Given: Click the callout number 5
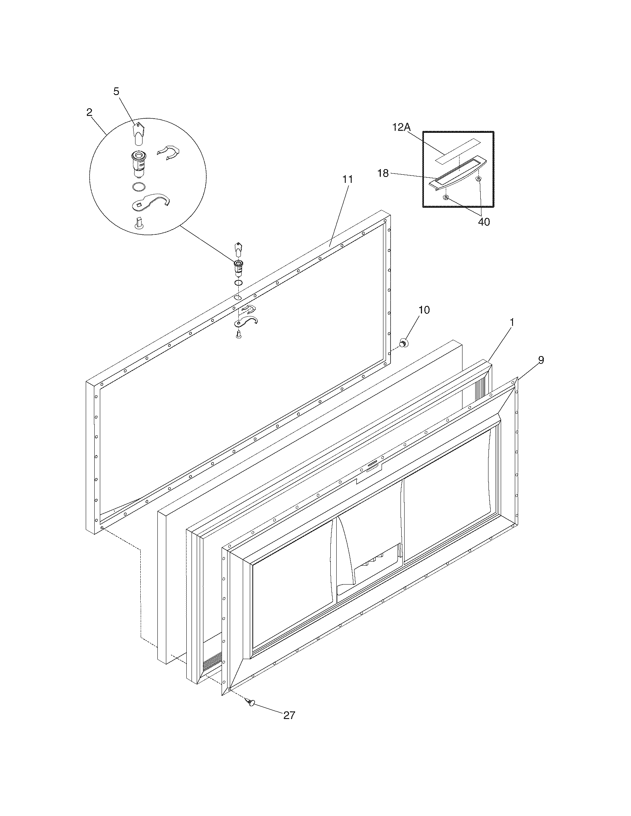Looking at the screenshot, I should [117, 92].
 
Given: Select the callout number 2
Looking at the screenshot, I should [89, 112].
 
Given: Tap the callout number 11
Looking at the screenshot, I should [348, 179].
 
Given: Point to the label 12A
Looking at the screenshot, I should [402, 127].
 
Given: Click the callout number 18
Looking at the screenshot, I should [383, 173].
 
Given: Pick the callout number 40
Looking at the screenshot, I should [484, 221].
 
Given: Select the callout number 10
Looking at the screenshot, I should [424, 310].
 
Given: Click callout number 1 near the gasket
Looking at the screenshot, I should [512, 322].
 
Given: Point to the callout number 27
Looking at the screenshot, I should [289, 715].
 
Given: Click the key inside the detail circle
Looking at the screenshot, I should [138, 133].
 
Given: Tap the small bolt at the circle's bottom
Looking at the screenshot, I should [138, 223].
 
